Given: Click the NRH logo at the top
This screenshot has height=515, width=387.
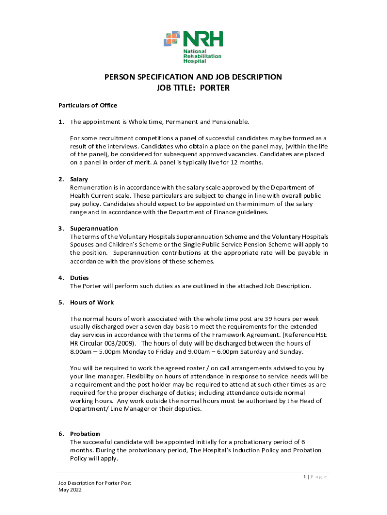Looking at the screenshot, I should click(193, 47).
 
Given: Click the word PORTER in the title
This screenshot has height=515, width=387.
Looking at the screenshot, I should click(215, 88).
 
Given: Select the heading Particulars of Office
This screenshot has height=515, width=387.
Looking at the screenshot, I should click(87, 105).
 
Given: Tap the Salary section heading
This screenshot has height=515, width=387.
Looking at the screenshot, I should click(79, 179).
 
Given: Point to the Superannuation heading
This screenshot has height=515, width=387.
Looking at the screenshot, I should click(93, 228).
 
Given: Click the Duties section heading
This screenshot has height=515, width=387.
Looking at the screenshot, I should click(78, 278).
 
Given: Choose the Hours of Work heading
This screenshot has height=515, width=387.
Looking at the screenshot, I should click(91, 302).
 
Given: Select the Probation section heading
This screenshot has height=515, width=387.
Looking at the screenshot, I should click(84, 434).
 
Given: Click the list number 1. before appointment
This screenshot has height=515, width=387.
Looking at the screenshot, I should click(61, 122).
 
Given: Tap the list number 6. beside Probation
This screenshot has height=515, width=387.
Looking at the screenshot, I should click(61, 434).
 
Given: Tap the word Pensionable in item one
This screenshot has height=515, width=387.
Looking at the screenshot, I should click(229, 122).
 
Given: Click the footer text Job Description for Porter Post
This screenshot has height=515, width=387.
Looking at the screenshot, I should click(94, 483).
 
